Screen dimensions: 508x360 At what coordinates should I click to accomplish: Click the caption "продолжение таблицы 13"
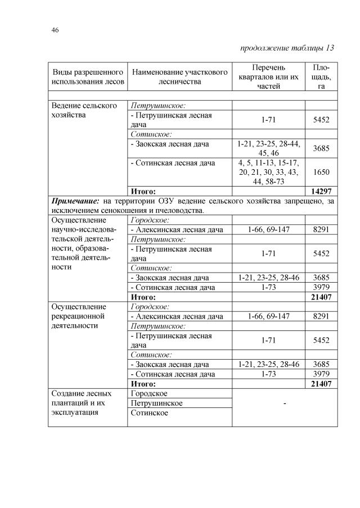pos(287,48)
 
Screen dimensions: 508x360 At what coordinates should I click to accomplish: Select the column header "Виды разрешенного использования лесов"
pos(87,77)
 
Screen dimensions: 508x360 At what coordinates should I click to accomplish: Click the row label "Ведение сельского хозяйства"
pos(84,110)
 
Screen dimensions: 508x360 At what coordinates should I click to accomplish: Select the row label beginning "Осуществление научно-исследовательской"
pos(84,243)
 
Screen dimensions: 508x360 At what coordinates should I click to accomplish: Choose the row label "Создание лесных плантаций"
pos(84,403)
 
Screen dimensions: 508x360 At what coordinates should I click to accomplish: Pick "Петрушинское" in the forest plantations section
pos(156,403)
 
